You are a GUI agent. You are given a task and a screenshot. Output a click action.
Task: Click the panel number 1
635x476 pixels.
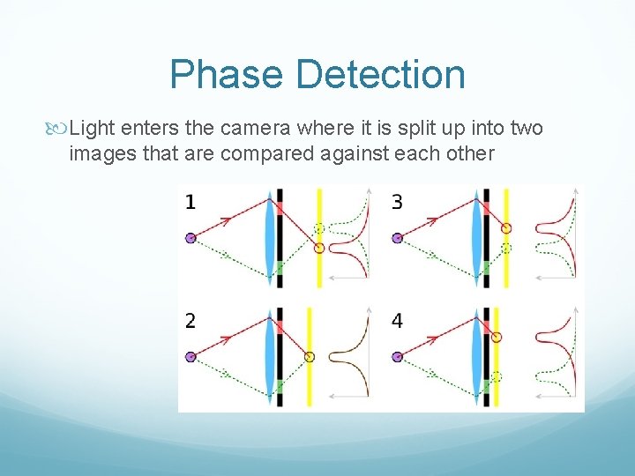click(x=190, y=203)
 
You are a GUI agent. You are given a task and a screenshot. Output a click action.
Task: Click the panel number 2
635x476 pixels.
click(x=190, y=321)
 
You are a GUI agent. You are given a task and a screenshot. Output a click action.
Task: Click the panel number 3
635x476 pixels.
click(x=397, y=203)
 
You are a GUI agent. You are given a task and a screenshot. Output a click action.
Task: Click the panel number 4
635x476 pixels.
click(x=397, y=321)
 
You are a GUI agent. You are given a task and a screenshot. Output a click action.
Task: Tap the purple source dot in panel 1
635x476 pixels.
click(x=190, y=237)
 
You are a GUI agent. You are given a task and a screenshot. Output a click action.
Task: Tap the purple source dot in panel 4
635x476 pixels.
click(x=397, y=356)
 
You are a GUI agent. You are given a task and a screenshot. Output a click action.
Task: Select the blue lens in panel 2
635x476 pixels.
click(x=269, y=356)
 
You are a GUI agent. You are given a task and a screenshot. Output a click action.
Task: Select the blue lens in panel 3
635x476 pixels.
click(x=476, y=237)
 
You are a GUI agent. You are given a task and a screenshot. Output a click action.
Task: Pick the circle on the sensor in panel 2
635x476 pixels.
click(x=310, y=356)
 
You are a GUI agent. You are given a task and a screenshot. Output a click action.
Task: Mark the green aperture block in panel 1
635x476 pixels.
click(x=280, y=266)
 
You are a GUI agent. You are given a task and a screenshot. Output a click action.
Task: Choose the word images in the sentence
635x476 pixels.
click(x=97, y=154)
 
